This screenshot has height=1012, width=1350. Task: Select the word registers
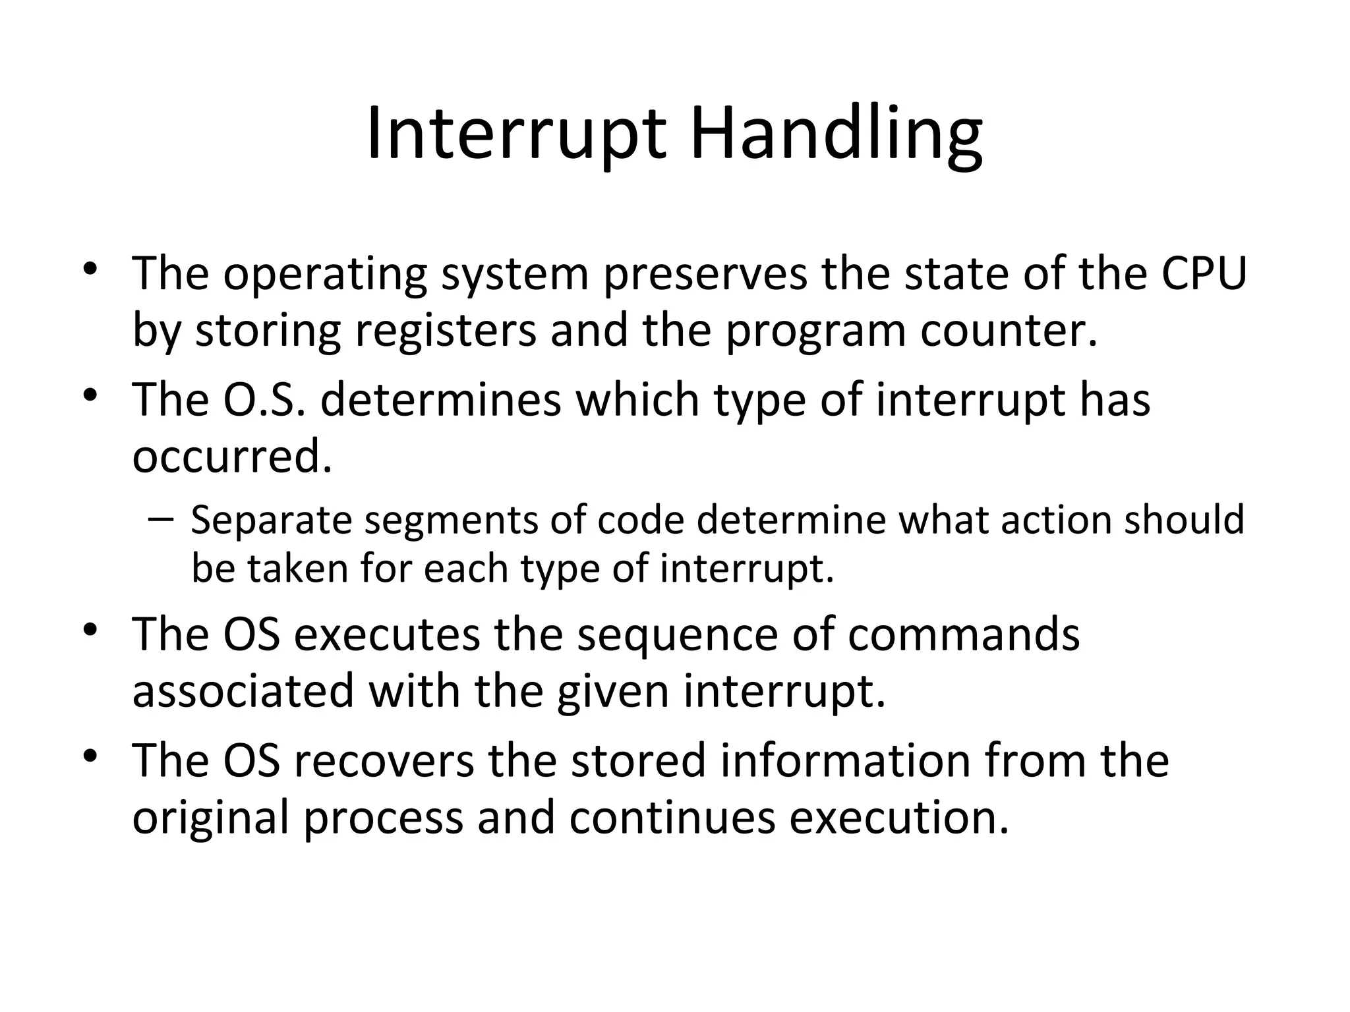point(446,331)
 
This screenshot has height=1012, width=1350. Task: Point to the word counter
point(1008,331)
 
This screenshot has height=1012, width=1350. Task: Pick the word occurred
point(231,457)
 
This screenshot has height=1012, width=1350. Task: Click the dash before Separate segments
point(160,519)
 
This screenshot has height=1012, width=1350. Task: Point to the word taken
point(297,568)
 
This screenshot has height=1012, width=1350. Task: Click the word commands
point(964,634)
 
